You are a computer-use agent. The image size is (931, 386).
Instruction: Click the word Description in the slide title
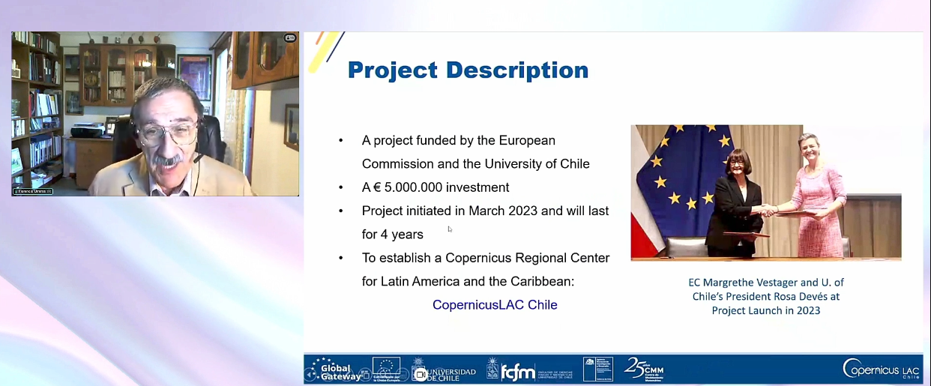point(517,70)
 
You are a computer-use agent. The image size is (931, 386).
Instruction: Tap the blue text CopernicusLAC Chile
point(495,305)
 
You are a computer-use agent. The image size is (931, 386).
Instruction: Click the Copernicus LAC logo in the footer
point(881,368)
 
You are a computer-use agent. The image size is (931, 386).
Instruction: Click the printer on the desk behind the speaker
point(88,130)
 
